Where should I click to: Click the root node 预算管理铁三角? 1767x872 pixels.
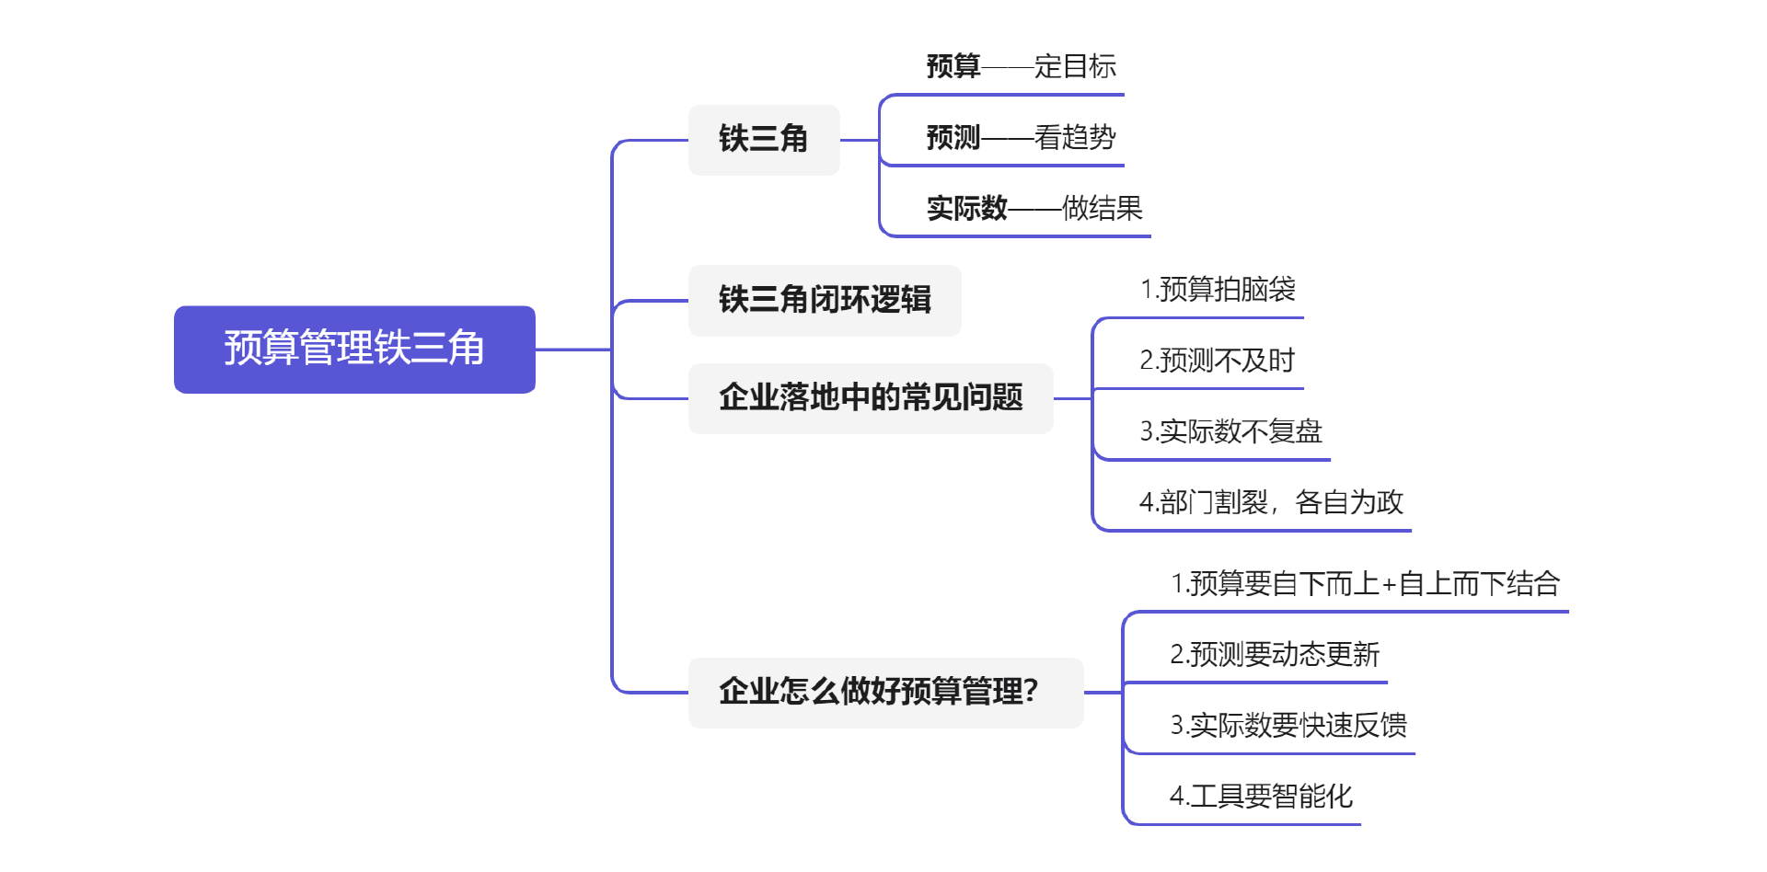click(x=354, y=349)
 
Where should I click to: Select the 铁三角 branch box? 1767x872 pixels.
click(x=764, y=139)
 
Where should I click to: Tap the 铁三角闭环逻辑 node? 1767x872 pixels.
click(x=825, y=300)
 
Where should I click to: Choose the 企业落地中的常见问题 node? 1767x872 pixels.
click(x=871, y=397)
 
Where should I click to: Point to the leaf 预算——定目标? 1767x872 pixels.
click(x=1021, y=66)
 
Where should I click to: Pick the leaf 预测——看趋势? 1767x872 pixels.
click(x=1021, y=137)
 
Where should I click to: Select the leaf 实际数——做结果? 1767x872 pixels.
click(x=1034, y=208)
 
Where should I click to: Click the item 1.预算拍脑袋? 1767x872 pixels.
click(x=1218, y=289)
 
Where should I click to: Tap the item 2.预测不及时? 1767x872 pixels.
click(x=1217, y=360)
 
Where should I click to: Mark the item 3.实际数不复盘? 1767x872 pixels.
click(x=1230, y=430)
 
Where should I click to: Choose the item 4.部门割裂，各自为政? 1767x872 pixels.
click(x=1271, y=502)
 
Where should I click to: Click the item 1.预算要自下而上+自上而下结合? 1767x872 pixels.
click(x=1365, y=583)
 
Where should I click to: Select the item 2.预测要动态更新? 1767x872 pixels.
click(x=1275, y=654)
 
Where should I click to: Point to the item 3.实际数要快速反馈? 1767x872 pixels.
click(x=1288, y=725)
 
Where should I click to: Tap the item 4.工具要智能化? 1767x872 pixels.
click(x=1261, y=796)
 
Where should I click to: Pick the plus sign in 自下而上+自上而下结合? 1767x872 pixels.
click(x=1389, y=584)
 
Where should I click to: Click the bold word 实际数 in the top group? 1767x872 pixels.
click(x=967, y=208)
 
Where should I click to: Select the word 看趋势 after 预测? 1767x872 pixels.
click(x=1075, y=137)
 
